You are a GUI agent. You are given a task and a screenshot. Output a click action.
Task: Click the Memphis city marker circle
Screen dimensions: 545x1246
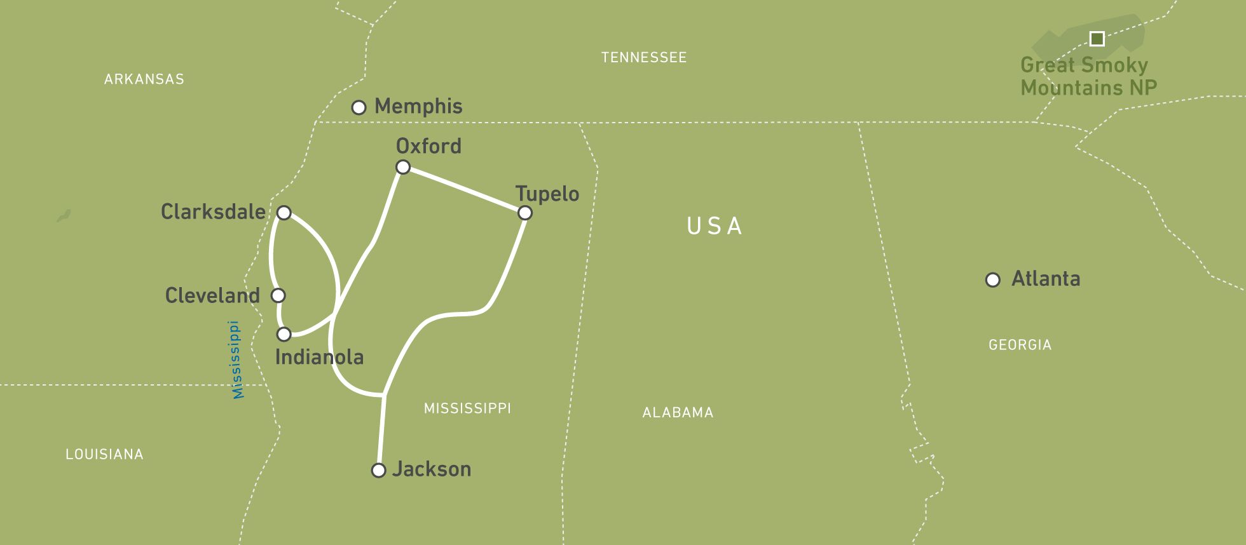(359, 107)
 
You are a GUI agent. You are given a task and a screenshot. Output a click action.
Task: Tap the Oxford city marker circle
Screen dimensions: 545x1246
(403, 167)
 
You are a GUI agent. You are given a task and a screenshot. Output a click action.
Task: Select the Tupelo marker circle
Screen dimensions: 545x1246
(524, 213)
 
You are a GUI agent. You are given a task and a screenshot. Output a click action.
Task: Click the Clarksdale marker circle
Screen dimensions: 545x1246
(284, 213)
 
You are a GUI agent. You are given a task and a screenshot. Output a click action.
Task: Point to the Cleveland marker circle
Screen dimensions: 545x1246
(278, 295)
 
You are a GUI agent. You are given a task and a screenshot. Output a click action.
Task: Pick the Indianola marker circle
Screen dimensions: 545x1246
(284, 334)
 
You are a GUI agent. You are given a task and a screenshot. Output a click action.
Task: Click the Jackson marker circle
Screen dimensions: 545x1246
(379, 471)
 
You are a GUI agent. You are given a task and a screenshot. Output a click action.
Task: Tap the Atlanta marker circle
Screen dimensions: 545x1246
(993, 280)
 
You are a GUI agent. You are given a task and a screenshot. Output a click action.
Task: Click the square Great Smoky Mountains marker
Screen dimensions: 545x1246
(1097, 39)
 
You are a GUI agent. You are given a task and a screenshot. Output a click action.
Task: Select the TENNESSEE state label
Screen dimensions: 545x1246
(644, 58)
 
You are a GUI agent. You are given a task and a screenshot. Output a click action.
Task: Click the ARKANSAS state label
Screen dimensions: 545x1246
(144, 79)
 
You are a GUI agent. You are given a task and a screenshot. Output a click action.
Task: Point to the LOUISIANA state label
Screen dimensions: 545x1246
(105, 454)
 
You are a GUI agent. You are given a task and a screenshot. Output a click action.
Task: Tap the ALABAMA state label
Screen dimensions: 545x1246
(678, 413)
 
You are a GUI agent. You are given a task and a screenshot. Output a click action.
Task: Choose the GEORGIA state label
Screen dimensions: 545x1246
(1020, 345)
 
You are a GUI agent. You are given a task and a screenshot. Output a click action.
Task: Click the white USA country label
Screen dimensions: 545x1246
(715, 226)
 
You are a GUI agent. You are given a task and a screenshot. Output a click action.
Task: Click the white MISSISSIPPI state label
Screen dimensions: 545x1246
(467, 408)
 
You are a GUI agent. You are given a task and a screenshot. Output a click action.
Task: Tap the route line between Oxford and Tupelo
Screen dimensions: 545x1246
(464, 190)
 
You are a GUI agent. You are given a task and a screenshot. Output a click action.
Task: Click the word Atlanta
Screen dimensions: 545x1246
(1046, 279)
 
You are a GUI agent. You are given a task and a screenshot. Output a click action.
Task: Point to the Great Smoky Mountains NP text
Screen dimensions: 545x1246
(1088, 76)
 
